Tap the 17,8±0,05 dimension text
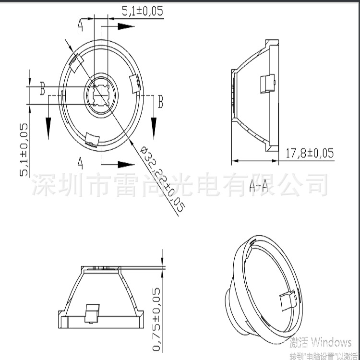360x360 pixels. pyautogui.click(x=310, y=154)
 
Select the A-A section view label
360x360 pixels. pyautogui.click(x=258, y=185)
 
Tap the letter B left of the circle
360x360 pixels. pyautogui.click(x=43, y=88)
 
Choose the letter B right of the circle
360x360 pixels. pyautogui.click(x=161, y=102)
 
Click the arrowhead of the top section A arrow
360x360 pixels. pyautogui.click(x=126, y=27)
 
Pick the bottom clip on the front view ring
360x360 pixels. pyautogui.click(x=90, y=139)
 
